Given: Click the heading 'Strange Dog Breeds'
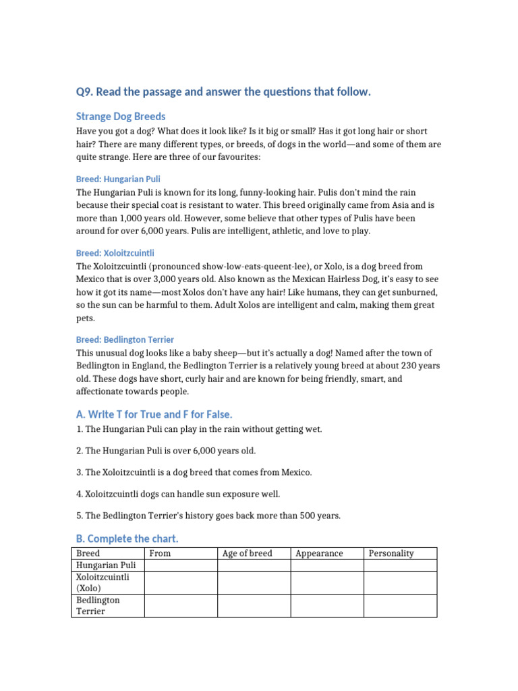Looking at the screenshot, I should (x=121, y=116).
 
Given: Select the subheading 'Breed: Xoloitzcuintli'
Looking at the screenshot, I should (x=115, y=253).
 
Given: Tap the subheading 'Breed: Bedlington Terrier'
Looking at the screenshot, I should (x=125, y=339).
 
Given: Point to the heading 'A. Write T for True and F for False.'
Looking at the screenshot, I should (x=154, y=414).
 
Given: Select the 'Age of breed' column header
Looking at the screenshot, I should (x=248, y=553).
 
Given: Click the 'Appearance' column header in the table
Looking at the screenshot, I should (x=319, y=553).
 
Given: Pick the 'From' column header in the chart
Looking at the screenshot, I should (x=161, y=553).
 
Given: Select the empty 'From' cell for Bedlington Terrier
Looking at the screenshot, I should (x=181, y=605).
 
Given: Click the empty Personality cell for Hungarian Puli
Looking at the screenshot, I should (x=400, y=565).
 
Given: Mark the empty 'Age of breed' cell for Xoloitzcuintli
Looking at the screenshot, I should (x=254, y=583).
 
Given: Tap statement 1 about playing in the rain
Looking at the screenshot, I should (x=199, y=429).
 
